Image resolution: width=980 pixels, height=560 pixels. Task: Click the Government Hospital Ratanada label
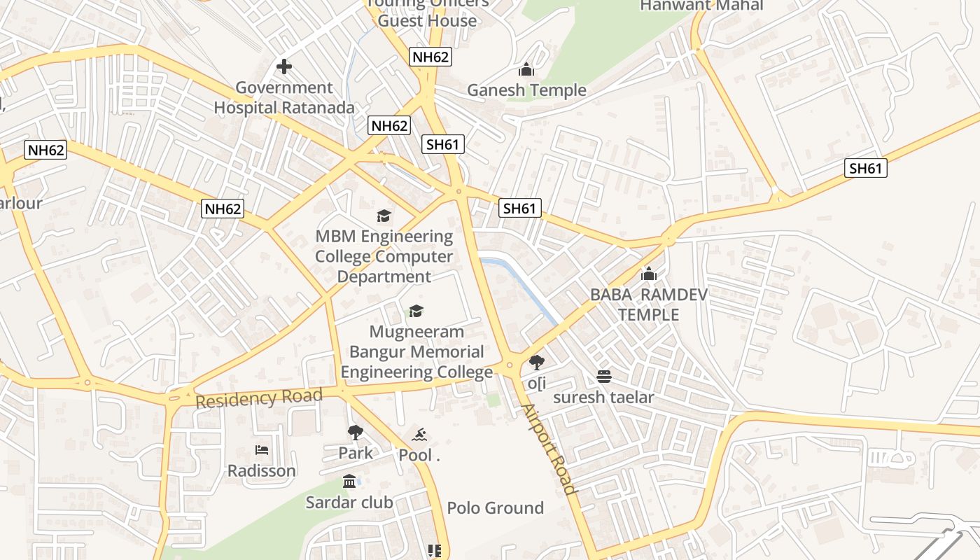pos(283,98)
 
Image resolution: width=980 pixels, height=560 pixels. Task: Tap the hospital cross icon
pos(283,66)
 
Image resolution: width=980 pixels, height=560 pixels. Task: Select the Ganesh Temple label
pos(526,90)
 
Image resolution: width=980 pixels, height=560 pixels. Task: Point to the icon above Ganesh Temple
pos(526,69)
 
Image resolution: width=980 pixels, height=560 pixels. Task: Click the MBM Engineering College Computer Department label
pos(384,256)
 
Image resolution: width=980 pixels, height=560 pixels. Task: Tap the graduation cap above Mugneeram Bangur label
pos(416,311)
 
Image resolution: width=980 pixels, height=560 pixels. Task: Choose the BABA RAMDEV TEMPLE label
pos(648,304)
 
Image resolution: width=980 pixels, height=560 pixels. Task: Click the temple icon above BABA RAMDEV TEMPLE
pos(649,274)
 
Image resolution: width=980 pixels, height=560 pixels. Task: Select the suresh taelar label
pos(603,398)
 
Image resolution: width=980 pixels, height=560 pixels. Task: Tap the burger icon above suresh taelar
pos(604,377)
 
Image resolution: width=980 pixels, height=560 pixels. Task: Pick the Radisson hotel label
pos(262,470)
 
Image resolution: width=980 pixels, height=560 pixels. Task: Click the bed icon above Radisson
pos(262,449)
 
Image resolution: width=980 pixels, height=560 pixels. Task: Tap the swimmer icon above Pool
pos(419,435)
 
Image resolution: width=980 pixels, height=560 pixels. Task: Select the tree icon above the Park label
pos(356,433)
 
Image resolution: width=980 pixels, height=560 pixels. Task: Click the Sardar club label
pos(349,502)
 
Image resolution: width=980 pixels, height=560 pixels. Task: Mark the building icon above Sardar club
pos(349,481)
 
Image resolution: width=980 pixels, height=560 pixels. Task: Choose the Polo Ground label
pos(495,507)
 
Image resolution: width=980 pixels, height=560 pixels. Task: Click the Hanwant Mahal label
pos(701,6)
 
